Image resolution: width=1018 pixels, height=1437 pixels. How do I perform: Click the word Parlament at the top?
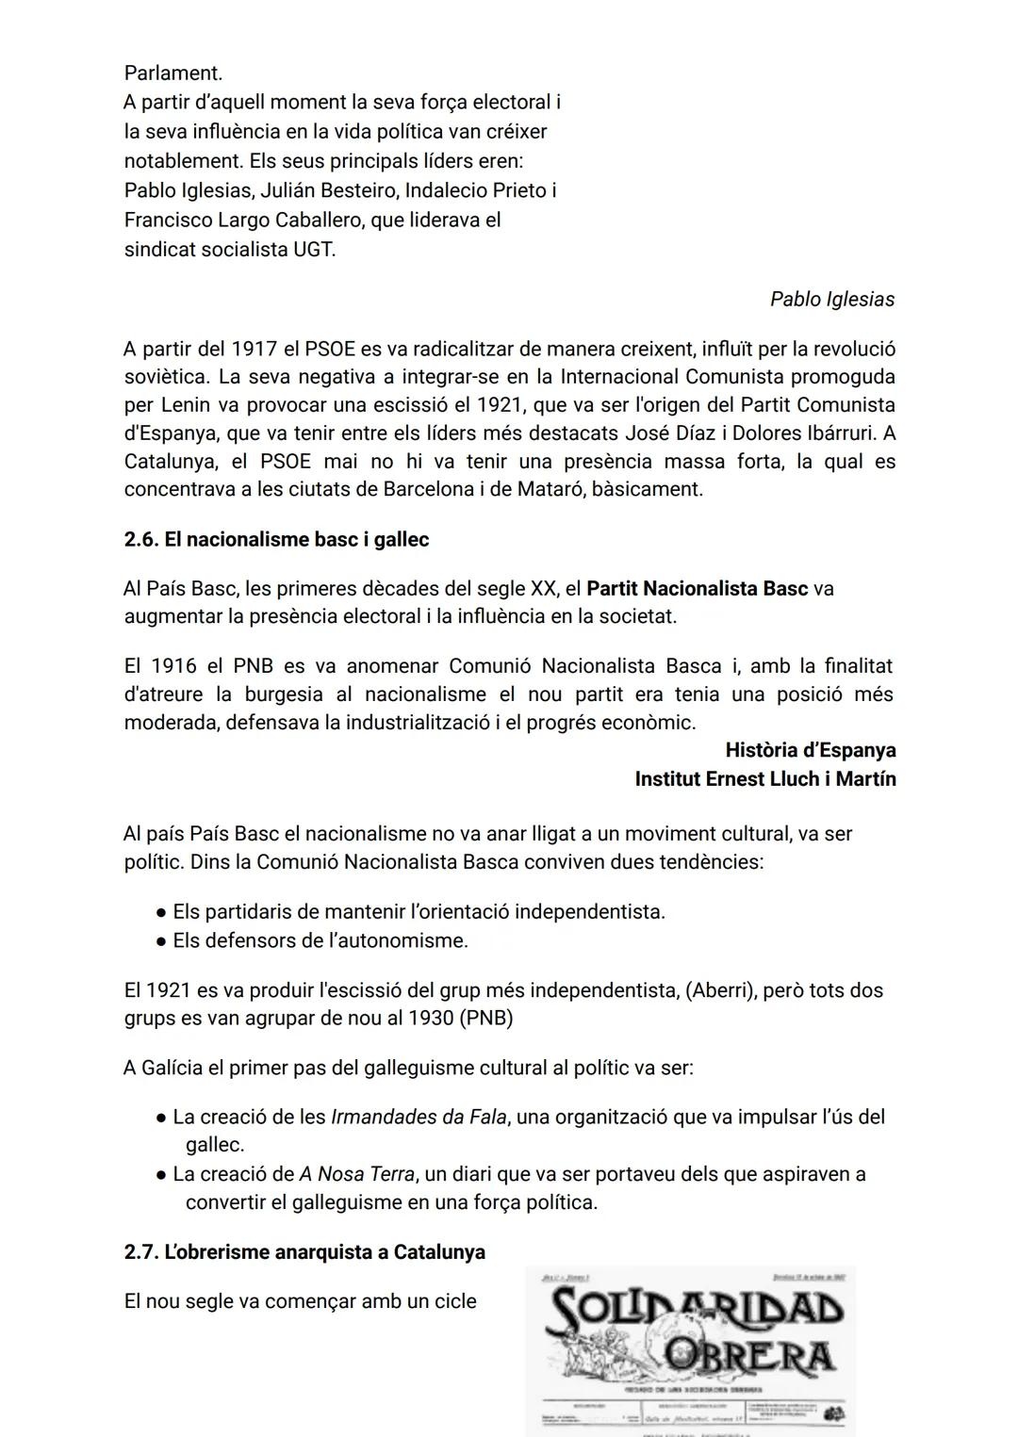click(172, 73)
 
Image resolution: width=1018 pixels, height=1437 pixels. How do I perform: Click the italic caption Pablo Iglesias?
click(831, 300)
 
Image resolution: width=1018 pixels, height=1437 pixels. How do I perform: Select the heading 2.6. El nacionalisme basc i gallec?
click(276, 540)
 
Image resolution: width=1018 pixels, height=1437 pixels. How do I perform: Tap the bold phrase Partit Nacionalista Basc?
click(697, 589)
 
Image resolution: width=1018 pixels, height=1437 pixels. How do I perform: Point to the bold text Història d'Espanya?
click(810, 751)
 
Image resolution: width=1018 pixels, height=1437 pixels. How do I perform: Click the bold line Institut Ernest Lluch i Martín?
click(764, 779)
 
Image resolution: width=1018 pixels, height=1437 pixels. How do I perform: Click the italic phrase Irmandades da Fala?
click(419, 1118)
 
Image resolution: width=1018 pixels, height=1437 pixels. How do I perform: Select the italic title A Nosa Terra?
click(357, 1175)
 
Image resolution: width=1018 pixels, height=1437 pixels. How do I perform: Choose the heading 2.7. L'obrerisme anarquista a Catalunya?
click(304, 1252)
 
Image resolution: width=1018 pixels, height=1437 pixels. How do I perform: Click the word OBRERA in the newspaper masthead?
click(749, 1357)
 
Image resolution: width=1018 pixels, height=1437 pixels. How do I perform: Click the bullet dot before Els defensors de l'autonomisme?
click(162, 941)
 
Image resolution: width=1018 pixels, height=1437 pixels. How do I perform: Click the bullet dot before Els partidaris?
click(162, 913)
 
